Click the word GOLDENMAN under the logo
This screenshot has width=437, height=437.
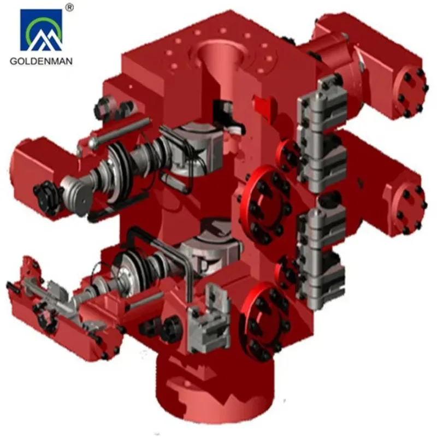pyautogui.click(x=41, y=61)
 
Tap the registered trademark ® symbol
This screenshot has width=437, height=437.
pyautogui.click(x=69, y=7)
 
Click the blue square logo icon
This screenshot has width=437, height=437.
pyautogui.click(x=41, y=30)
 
